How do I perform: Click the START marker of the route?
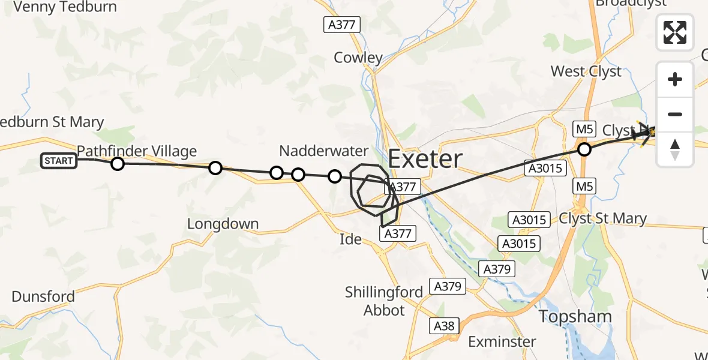click(x=59, y=161)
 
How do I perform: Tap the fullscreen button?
click(x=675, y=32)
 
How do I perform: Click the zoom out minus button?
click(x=675, y=114)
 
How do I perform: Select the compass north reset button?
click(x=675, y=149)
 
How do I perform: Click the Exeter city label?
click(x=425, y=159)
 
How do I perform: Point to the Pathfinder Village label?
click(x=137, y=151)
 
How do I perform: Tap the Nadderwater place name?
click(x=323, y=150)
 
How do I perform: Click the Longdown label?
click(x=223, y=224)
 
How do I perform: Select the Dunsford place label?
click(x=43, y=296)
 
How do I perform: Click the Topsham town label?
click(x=575, y=317)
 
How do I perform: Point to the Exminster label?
click(x=502, y=342)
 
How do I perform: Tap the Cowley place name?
click(x=358, y=58)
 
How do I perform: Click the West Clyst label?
click(x=586, y=71)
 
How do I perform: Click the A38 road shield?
click(x=444, y=326)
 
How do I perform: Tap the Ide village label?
click(x=350, y=239)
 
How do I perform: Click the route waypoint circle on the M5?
click(x=584, y=149)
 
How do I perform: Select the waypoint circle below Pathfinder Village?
click(x=118, y=164)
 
